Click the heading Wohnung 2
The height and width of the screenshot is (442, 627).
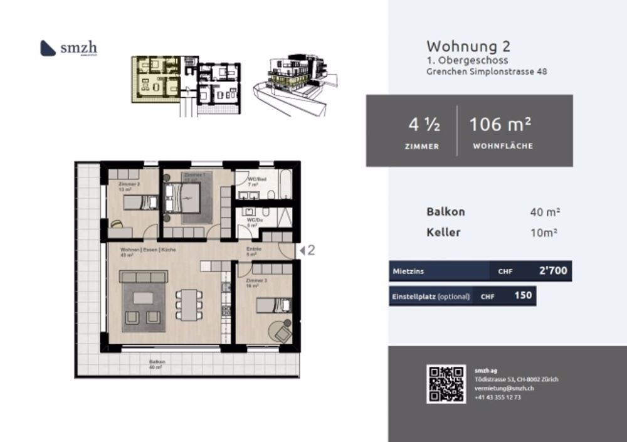tap(468, 46)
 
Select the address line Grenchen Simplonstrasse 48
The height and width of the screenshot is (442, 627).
tap(487, 71)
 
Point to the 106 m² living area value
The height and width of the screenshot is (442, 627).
tap(501, 125)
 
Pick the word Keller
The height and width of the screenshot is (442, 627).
tap(443, 233)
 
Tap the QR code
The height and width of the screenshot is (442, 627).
tap(446, 384)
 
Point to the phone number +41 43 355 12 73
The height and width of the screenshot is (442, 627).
tap(498, 397)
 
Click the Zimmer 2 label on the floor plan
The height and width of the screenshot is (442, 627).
tap(129, 184)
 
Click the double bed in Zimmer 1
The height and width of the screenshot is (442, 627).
tap(190, 201)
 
